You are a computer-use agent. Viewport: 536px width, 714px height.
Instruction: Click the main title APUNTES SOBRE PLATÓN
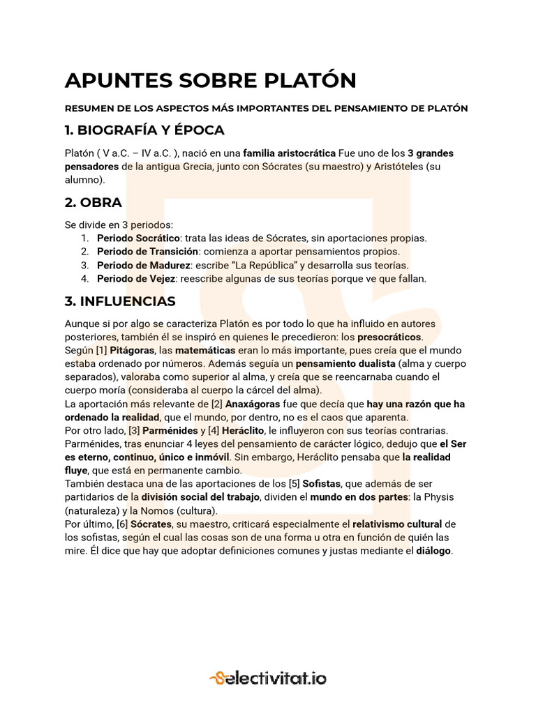tap(210, 81)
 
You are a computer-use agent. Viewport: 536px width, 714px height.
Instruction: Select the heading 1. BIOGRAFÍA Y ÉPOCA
tap(144, 130)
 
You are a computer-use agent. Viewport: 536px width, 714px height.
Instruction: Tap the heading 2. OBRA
tap(94, 203)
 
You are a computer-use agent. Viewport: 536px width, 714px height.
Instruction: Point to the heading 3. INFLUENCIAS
tap(120, 301)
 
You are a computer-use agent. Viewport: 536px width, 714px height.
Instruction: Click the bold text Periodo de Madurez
tap(143, 265)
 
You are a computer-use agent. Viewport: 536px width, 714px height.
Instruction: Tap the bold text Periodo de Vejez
tap(136, 278)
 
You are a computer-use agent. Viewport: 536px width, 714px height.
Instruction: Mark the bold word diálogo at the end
tap(434, 550)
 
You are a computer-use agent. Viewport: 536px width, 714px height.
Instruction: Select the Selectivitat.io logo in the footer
tap(268, 677)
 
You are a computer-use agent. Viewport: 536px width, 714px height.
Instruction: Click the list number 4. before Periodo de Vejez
tap(84, 278)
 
